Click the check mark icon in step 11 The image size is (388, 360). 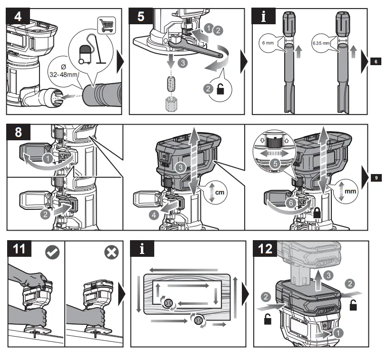pyautogui.click(x=52, y=253)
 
